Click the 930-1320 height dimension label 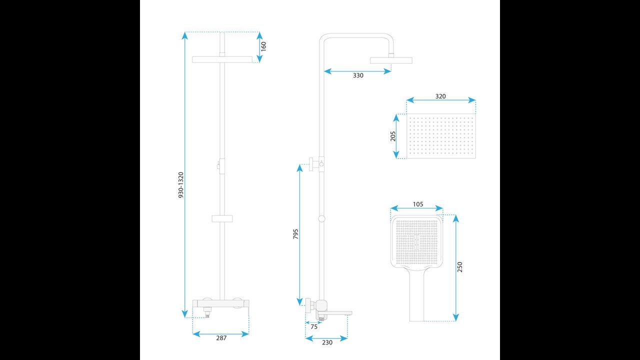point(181,185)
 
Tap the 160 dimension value point(263,46)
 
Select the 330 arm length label point(358,75)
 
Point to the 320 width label point(440,96)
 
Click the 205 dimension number point(393,136)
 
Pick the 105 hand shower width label point(418,204)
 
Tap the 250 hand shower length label point(459,267)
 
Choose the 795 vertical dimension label point(295,233)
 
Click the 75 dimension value point(313,327)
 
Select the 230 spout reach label point(327,342)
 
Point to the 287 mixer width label point(221,338)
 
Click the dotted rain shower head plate point(441,136)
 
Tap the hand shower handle point(417,295)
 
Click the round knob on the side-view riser point(321,218)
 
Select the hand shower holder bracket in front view point(222,218)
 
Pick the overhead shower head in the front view point(222,59)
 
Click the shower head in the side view point(391,60)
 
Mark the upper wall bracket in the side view point(316,164)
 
